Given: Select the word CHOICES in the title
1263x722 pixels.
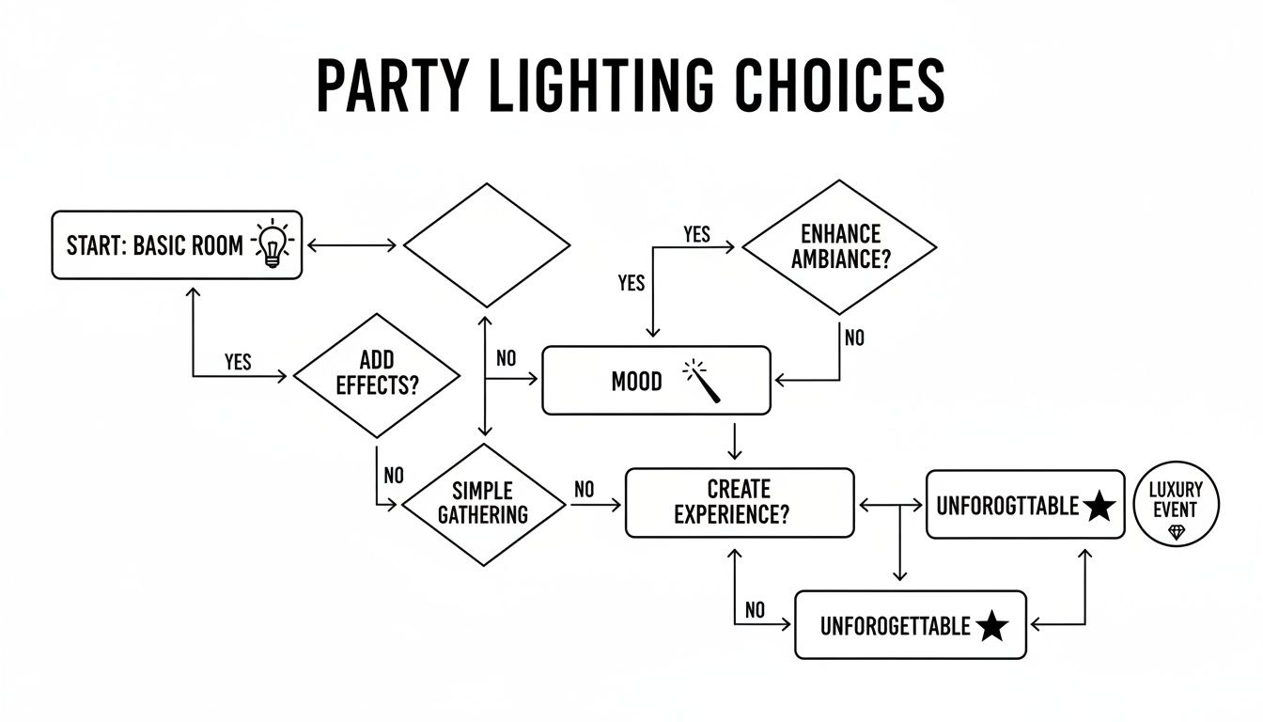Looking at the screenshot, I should pos(839,86).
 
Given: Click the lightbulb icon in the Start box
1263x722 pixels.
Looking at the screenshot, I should pos(273,243).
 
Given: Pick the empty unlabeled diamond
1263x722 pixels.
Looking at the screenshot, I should pos(487,244).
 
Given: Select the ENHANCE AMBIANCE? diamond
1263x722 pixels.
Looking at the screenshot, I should pos(839,246).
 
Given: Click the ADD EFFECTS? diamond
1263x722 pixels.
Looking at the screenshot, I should pos(377,374).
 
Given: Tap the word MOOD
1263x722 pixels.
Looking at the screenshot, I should pos(636,382).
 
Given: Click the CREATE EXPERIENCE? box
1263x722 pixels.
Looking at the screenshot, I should pos(740,502).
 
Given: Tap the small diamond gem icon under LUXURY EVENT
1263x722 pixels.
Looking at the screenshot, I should pos(1176,533).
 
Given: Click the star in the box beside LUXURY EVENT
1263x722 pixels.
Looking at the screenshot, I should pos(1099,507).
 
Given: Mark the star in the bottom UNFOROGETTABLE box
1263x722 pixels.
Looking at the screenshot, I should pos(992,626).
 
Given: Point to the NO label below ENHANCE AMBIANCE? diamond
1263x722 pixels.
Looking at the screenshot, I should pos(853,337).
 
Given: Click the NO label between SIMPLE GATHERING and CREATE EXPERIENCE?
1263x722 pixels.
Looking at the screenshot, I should pos(584,489).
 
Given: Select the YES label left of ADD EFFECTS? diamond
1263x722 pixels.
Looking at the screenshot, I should pos(238,362).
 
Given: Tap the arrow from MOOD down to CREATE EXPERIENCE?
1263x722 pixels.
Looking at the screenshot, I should pos(736,441).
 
